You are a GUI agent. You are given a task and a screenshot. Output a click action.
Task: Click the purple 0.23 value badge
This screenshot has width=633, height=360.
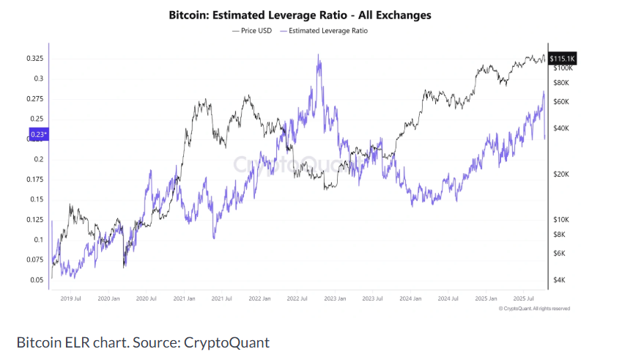[38, 134]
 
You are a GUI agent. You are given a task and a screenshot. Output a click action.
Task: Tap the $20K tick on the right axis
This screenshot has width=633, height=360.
[563, 175]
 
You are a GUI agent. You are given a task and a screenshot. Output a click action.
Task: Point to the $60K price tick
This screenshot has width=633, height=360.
[563, 102]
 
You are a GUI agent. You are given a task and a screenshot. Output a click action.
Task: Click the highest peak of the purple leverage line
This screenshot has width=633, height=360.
[318, 54]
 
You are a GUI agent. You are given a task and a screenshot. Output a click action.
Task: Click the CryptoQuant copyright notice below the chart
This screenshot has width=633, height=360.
[533, 309]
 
